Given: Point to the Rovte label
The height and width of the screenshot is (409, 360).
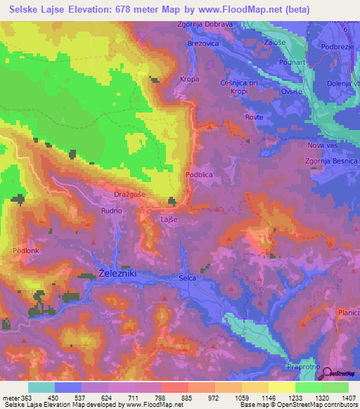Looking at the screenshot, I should click(255, 117).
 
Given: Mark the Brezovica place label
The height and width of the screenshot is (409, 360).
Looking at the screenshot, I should click(204, 44).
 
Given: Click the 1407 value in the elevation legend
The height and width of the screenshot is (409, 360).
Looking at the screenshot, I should click(348, 398).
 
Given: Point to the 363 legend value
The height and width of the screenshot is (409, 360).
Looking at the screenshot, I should click(20, 398).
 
